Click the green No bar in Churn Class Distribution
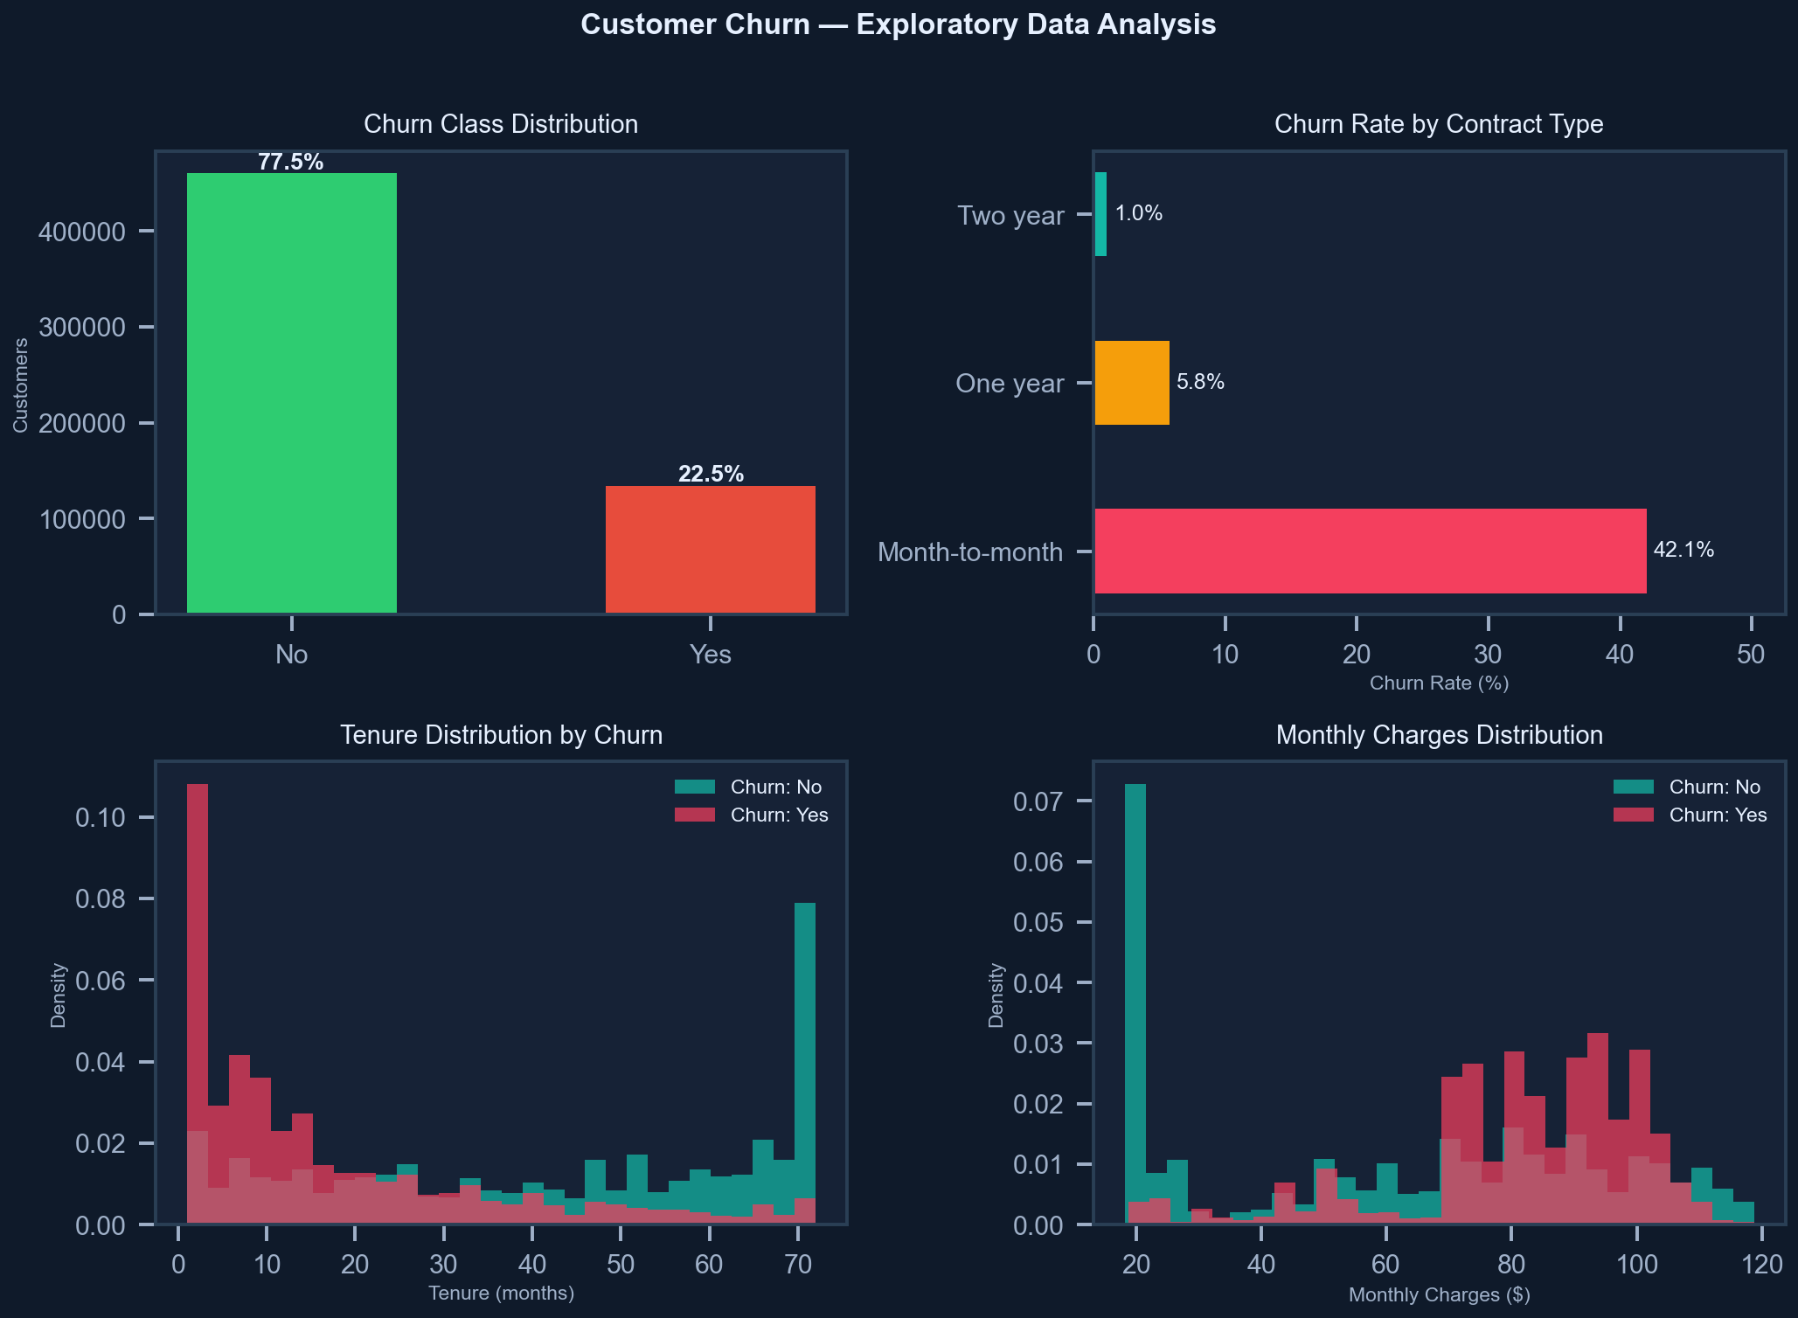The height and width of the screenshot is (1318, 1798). (291, 393)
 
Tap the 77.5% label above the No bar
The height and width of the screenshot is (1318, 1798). (290, 163)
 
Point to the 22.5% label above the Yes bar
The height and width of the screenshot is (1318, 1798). (711, 474)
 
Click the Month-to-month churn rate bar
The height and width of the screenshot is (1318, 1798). (1370, 551)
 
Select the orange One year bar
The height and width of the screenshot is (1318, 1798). (1131, 383)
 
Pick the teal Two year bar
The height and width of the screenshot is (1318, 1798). (1100, 214)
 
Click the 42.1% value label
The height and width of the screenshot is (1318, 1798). (1683, 550)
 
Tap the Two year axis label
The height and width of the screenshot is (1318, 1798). (1010, 215)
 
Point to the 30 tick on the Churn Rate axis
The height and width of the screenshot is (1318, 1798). (1488, 655)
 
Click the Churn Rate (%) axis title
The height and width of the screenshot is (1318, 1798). (1439, 683)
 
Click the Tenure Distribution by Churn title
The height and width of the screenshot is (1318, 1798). (501, 735)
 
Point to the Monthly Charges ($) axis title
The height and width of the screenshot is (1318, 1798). (1439, 1294)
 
